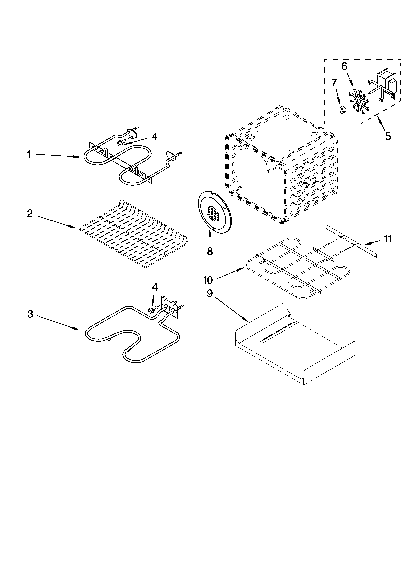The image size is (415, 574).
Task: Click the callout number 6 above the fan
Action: pyautogui.click(x=344, y=66)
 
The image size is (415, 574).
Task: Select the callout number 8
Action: pyautogui.click(x=210, y=251)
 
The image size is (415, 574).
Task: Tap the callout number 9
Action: pyautogui.click(x=210, y=294)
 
